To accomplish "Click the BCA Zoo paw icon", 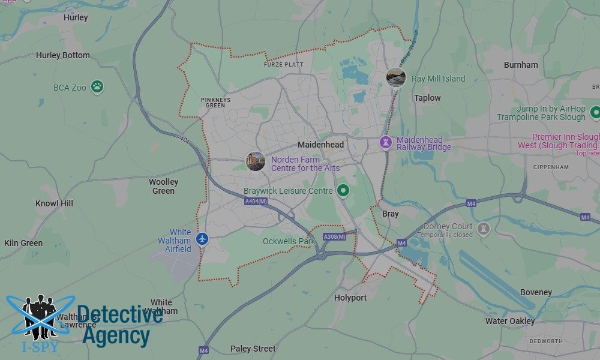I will [97, 87].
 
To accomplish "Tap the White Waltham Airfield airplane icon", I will [202, 239].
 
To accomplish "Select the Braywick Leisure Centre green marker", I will [343, 191].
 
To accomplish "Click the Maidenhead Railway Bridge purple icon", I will [386, 142].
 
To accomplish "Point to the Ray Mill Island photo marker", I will [396, 77].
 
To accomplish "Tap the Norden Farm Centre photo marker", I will [256, 161].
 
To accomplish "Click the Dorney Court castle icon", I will [484, 228].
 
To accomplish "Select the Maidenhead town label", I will [321, 145].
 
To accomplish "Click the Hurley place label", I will [76, 17].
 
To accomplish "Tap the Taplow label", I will [427, 98].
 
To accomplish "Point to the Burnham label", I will [521, 65].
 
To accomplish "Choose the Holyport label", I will [351, 297].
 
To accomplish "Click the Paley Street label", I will [253, 349].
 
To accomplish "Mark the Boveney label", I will [536, 292].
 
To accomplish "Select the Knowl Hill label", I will [54, 203].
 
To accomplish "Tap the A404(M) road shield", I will [255, 202].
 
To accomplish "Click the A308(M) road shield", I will [334, 237].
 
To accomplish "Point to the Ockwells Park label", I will [289, 241].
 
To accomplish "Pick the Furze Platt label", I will [284, 64].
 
